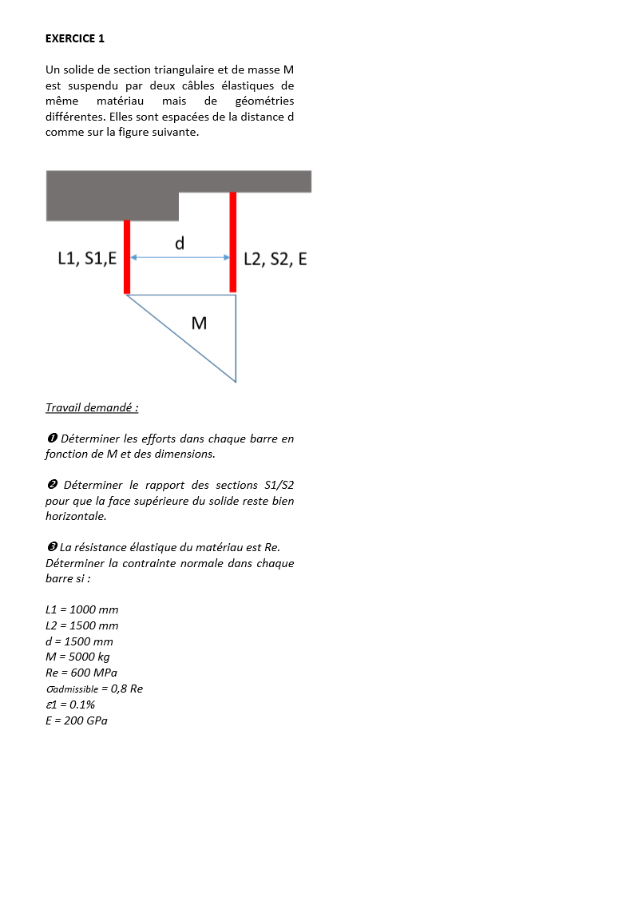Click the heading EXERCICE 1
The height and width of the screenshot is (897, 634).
click(75, 38)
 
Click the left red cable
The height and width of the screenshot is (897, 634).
click(127, 256)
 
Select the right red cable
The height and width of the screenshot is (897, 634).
click(233, 242)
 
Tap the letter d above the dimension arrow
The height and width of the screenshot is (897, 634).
click(180, 243)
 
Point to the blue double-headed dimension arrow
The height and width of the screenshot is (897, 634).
click(180, 257)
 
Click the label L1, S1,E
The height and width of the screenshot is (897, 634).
click(87, 258)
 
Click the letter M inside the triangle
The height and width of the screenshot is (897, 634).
click(200, 323)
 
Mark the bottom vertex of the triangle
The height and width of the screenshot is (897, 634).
click(236, 382)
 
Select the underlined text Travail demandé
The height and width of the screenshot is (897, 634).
click(92, 407)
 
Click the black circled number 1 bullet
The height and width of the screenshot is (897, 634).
click(50, 439)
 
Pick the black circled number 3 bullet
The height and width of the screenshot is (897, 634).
click(50, 547)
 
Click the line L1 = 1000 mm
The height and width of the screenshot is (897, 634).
click(81, 609)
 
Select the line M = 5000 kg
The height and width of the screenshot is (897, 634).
click(77, 657)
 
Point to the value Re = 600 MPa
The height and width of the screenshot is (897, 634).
click(81, 673)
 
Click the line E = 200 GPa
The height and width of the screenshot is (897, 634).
click(77, 720)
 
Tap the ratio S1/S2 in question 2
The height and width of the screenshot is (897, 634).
click(279, 485)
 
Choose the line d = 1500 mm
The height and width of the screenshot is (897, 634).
click(79, 641)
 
